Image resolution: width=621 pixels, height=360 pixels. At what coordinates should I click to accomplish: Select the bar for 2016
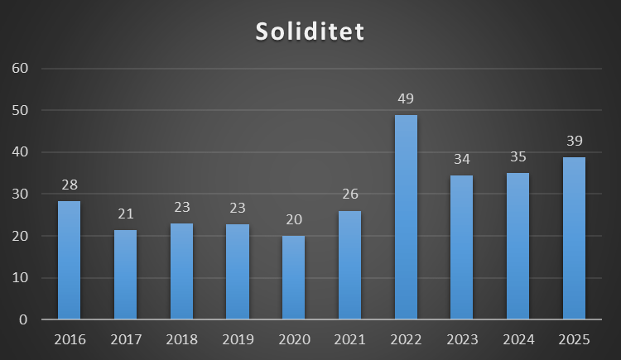69,261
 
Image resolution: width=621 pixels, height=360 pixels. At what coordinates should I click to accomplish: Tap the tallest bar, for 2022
406,217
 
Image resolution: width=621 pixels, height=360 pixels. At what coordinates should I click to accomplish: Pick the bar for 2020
293,277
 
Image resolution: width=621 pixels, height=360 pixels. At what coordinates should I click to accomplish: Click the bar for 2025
574,238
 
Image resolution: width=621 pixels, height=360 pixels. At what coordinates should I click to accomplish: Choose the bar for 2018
181,271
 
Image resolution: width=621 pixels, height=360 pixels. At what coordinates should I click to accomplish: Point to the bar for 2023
461,247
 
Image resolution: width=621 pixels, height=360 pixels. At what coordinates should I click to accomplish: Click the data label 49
406,99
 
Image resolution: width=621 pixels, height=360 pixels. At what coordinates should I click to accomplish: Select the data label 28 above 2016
69,185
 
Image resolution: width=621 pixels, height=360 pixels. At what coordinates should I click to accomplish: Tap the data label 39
574,141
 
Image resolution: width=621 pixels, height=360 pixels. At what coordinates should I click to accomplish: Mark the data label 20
293,220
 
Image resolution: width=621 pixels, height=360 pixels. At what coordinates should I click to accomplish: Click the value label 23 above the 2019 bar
238,209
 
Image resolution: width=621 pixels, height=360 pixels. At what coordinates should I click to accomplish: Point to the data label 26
349,195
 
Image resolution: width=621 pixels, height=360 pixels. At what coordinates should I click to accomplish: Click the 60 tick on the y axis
20,68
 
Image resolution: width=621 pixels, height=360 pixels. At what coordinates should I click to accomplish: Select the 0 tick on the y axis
24,319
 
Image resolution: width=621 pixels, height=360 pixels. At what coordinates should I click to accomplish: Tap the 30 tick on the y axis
20,194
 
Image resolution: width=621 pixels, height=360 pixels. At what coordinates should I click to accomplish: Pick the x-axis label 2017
125,339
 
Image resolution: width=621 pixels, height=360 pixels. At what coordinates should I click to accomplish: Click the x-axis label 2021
349,339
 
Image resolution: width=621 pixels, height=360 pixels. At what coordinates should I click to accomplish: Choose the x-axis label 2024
517,339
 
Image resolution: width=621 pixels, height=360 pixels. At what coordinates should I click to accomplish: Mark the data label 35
517,157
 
